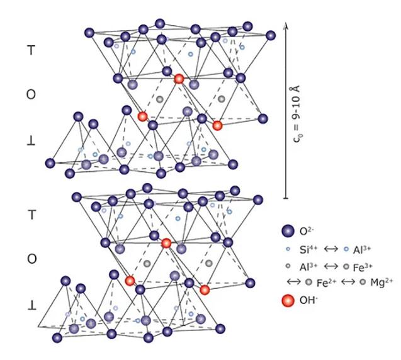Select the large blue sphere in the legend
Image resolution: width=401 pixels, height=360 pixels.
tap(288, 230)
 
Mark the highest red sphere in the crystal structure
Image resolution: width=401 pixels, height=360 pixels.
tap(179, 79)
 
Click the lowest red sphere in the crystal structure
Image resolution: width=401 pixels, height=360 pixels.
tap(205, 290)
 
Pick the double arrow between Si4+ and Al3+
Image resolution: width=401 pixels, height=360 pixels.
tap(334, 249)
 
